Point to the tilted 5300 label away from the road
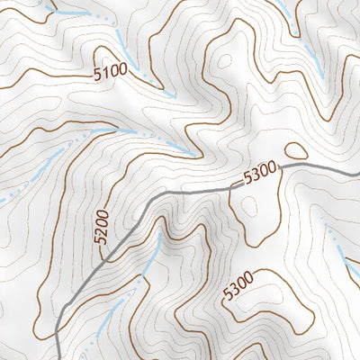[241, 286]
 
